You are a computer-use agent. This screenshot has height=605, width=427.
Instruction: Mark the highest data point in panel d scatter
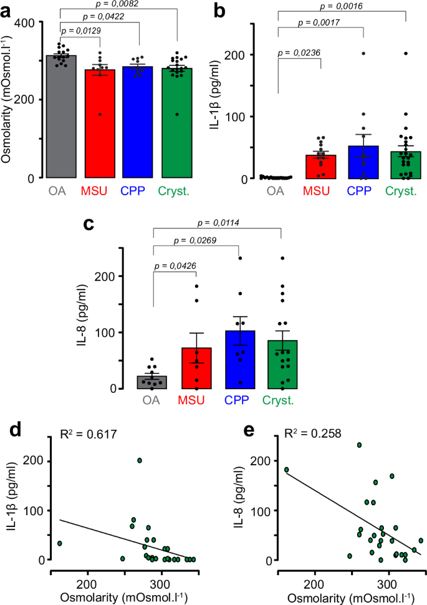point(140,460)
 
